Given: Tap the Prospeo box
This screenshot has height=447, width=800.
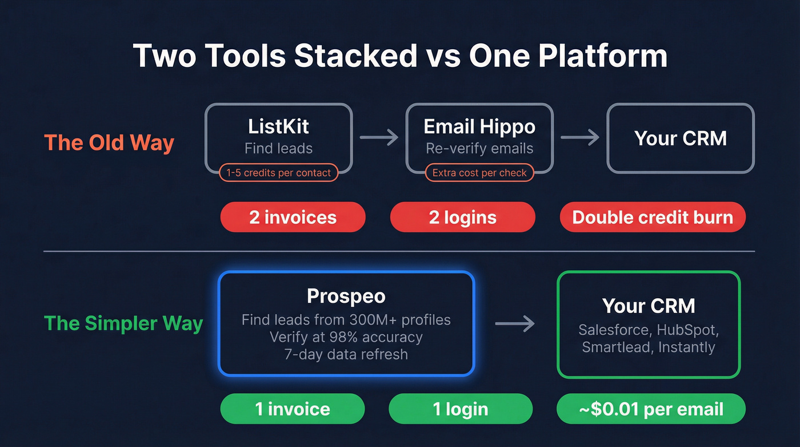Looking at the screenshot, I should (346, 323).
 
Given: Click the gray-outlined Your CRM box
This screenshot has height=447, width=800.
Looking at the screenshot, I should (680, 138).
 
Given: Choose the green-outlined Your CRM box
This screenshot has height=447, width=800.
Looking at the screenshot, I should (649, 325).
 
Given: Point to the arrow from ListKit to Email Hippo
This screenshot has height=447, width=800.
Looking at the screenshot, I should (379, 137).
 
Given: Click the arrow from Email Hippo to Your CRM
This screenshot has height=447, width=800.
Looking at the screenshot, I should (580, 137).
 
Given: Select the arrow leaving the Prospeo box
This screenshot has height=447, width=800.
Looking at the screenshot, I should (515, 325).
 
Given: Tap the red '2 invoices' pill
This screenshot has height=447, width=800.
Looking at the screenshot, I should (293, 217).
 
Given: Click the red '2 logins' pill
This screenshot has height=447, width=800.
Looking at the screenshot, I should (462, 217).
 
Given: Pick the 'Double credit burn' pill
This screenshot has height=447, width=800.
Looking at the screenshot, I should (653, 217).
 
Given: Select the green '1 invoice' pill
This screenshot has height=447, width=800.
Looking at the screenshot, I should (293, 409).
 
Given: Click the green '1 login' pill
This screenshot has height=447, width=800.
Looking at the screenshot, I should (461, 409).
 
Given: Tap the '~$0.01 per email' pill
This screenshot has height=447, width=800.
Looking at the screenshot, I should (651, 409).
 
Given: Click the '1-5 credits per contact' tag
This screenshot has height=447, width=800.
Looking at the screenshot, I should (279, 172).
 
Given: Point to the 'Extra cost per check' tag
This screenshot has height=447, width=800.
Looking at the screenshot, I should (479, 172).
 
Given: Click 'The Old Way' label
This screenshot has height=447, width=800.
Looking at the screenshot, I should (109, 143).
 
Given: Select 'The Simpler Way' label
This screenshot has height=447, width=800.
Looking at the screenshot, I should (123, 323).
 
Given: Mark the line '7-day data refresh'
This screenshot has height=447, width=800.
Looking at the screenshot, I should (346, 354).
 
